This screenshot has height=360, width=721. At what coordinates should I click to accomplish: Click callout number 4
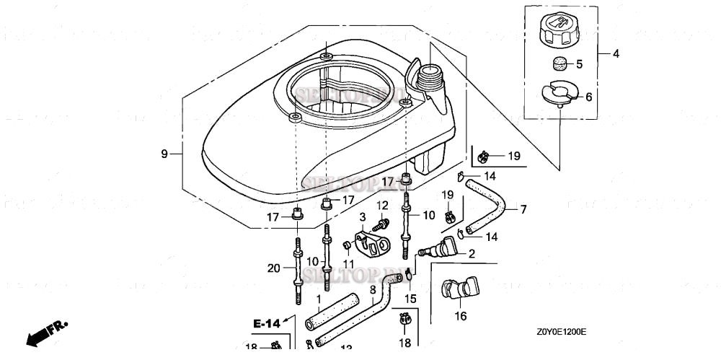click(616, 53)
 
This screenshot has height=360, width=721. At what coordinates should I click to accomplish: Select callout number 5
click(579, 64)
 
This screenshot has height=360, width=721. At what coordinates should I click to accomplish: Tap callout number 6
click(588, 96)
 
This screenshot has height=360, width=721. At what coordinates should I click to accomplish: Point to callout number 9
click(164, 153)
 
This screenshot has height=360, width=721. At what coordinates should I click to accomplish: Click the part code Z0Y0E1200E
click(560, 332)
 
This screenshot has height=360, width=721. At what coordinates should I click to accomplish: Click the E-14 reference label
click(266, 324)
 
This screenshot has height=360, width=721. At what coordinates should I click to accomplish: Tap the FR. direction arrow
click(45, 333)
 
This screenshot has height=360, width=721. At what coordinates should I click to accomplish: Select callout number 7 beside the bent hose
click(523, 209)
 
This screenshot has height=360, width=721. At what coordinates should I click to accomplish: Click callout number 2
click(472, 253)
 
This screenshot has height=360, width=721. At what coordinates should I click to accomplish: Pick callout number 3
click(363, 216)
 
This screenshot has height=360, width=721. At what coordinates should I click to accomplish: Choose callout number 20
click(273, 268)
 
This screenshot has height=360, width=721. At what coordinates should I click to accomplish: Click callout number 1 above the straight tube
click(318, 298)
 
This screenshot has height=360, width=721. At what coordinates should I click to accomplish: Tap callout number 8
click(373, 290)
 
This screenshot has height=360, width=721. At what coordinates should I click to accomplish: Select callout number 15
click(410, 298)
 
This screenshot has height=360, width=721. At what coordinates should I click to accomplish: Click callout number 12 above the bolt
click(383, 206)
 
